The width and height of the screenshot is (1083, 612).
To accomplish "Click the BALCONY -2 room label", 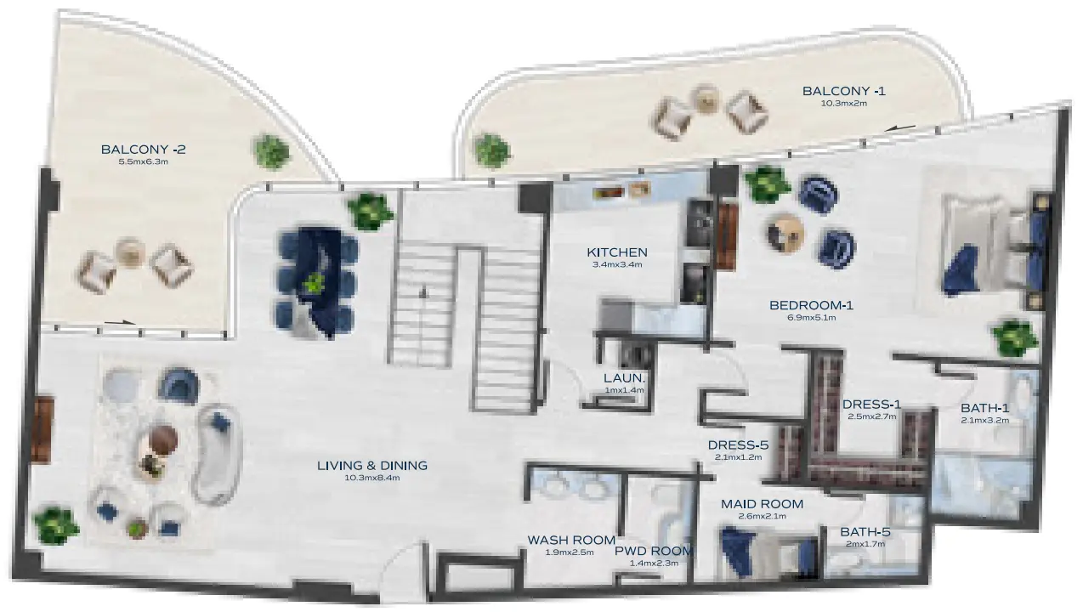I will coord(143,150).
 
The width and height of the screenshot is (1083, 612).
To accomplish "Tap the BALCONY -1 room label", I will coord(843,91).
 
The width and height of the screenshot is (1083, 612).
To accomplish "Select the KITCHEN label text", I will coord(617,252).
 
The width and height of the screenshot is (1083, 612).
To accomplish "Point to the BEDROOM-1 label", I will coord(811,305).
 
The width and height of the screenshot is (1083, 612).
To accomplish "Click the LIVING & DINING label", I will coord(371,466).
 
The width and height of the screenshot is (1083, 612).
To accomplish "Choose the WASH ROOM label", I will coord(571,540).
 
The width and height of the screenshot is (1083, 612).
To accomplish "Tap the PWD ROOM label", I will coord(654,551).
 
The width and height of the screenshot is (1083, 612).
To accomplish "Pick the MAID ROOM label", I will coord(762,504).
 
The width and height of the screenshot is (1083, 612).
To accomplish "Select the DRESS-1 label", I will coord(871,405).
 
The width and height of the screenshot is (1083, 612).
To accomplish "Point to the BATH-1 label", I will coord(984,407).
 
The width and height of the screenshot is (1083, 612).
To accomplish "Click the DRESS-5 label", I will coord(739,445).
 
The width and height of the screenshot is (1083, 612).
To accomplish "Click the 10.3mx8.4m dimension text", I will coord(371,478).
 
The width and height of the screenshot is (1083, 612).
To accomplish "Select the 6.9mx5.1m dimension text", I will coord(811,318).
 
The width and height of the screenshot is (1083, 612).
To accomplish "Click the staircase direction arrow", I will coord(423,292).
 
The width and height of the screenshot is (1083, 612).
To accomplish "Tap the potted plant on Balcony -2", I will coord(271,150).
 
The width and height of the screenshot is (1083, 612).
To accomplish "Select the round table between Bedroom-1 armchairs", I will coord(785,230).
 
